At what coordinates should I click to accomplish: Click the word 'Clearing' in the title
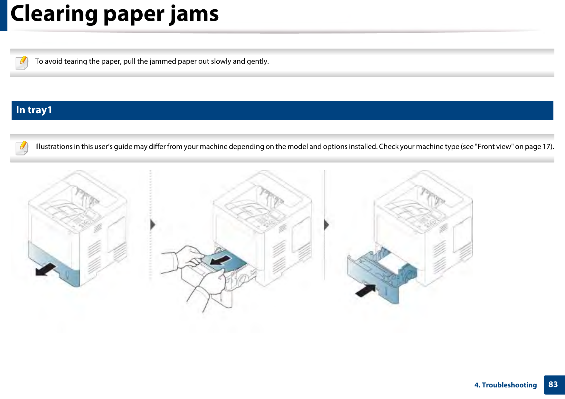tap(54, 14)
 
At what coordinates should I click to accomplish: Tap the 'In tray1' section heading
tap(34, 110)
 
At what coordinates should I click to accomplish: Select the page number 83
tap(553, 385)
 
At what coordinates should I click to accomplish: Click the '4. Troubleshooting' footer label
tap(505, 385)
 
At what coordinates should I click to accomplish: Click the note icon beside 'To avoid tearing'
tap(22, 62)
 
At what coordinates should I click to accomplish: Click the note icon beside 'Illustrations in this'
tap(22, 148)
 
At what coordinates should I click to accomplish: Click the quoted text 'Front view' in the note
tap(494, 146)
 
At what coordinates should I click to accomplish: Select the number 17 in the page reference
tap(547, 146)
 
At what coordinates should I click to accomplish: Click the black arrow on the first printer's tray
tap(46, 269)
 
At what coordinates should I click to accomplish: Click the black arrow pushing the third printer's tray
tap(366, 290)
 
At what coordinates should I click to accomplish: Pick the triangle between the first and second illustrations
tap(153, 225)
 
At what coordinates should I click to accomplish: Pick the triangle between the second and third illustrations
tap(326, 225)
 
